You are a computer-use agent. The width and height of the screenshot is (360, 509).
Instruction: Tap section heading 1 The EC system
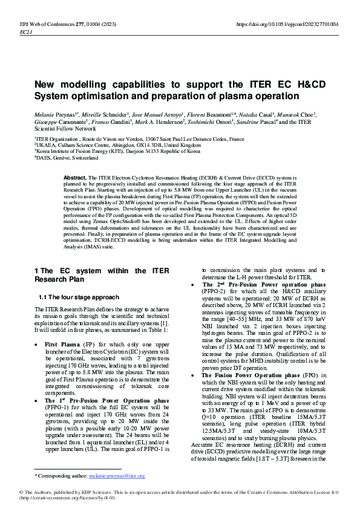click(x=102, y=275)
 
